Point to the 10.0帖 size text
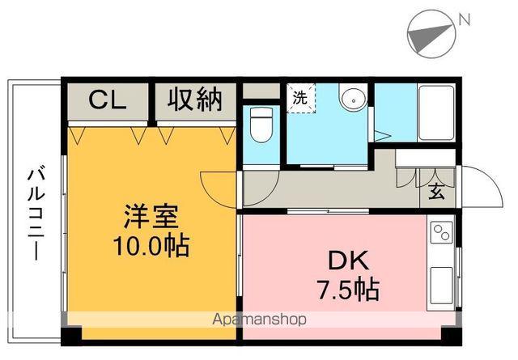151,244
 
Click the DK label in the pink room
348,260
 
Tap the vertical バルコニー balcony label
36,213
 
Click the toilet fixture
261,124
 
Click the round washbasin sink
353,100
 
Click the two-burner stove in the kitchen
443,234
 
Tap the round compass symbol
427,33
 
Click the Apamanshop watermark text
259,320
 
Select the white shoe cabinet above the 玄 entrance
426,157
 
